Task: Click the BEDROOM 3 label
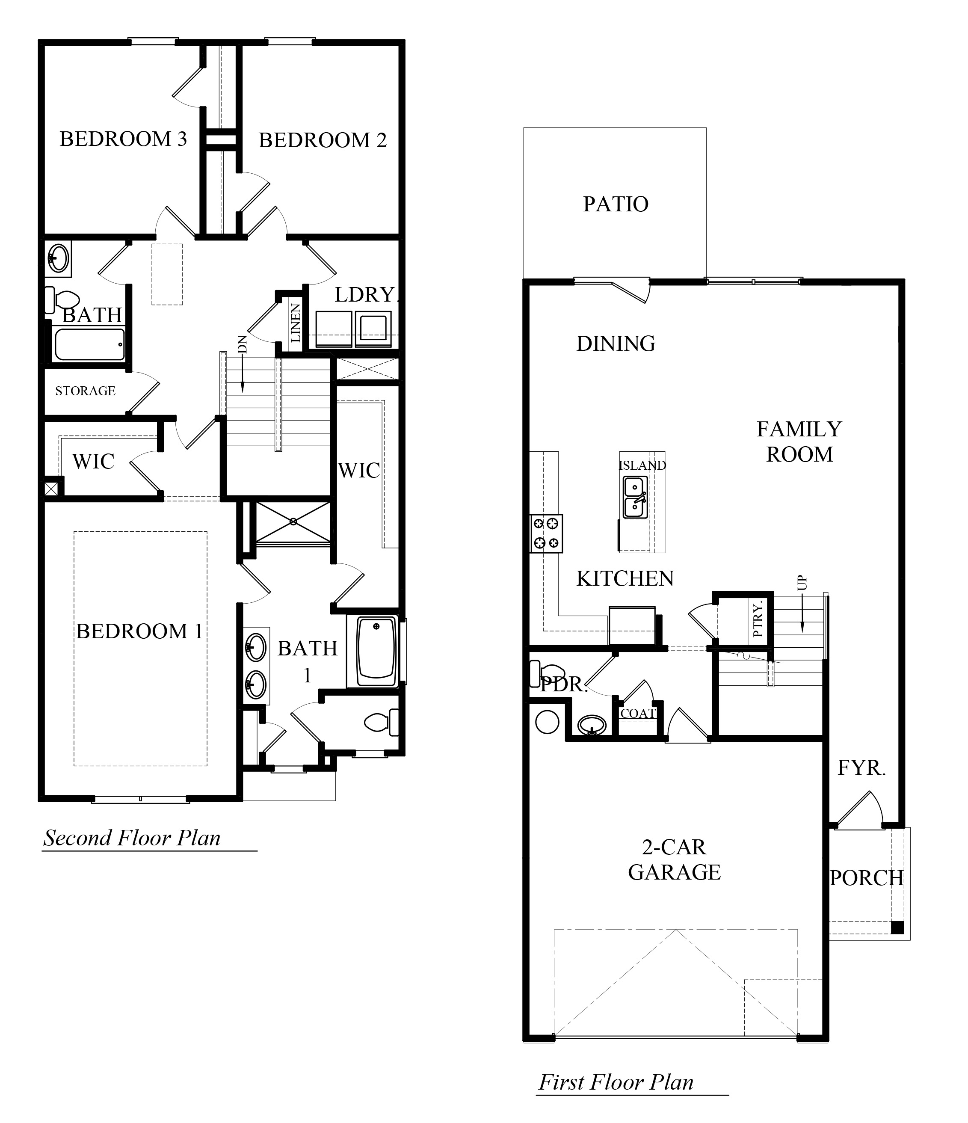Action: point(123,139)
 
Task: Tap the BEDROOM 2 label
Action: point(323,140)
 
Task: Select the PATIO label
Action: point(616,204)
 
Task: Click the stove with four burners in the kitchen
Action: point(546,533)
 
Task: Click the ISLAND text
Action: point(642,465)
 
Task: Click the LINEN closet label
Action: point(296,323)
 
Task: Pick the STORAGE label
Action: point(85,391)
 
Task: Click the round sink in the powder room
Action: point(592,724)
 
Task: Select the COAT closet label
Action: point(638,713)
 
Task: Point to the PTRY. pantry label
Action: point(758,619)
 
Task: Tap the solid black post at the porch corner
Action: point(897,927)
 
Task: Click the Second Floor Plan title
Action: point(132,838)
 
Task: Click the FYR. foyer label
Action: point(861,767)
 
